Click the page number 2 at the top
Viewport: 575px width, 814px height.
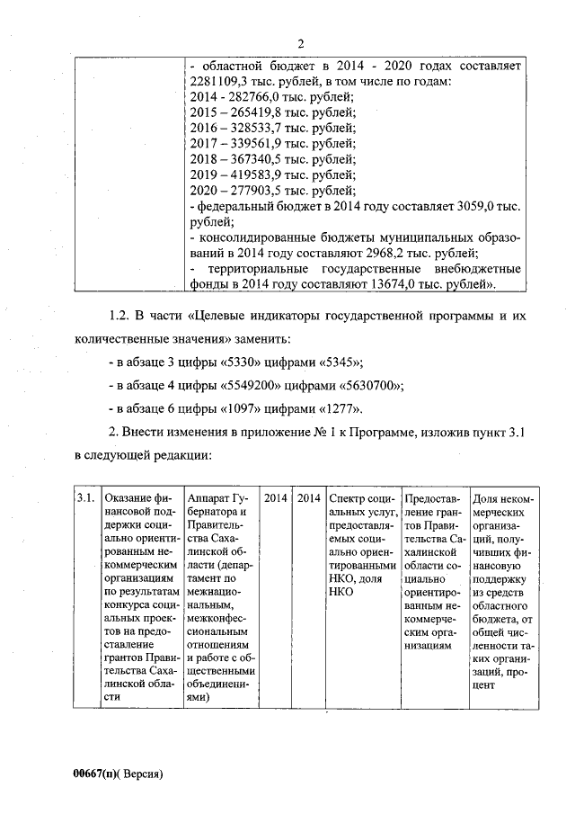[x=300, y=43]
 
